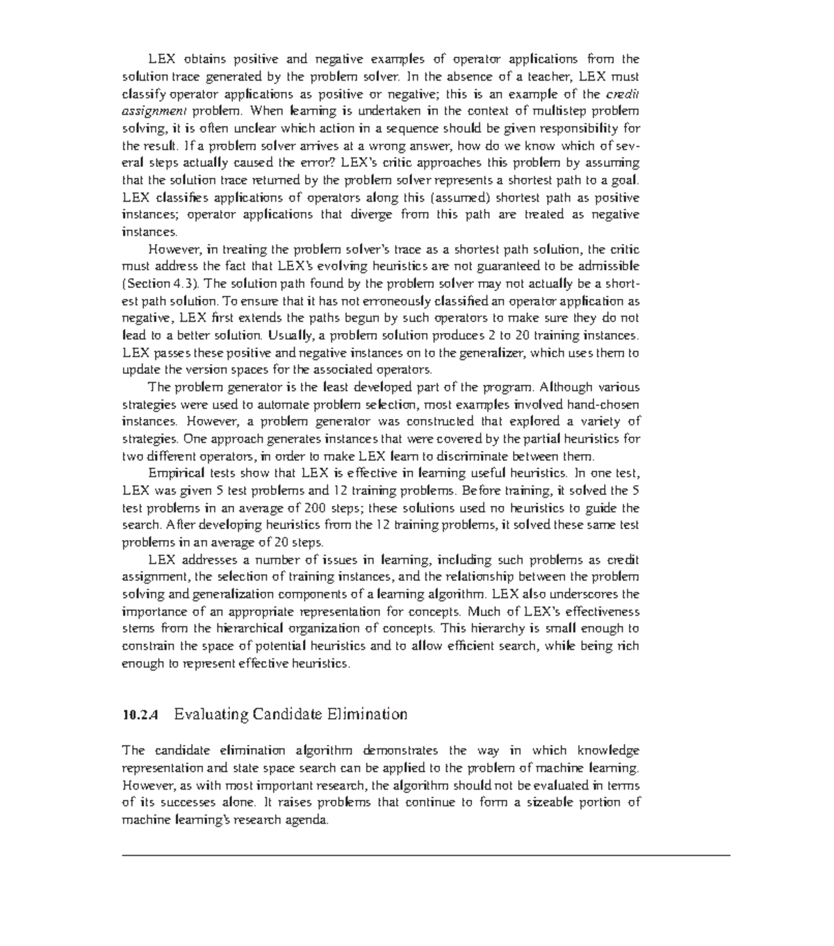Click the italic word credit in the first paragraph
[623, 94]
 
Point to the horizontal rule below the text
[426, 856]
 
